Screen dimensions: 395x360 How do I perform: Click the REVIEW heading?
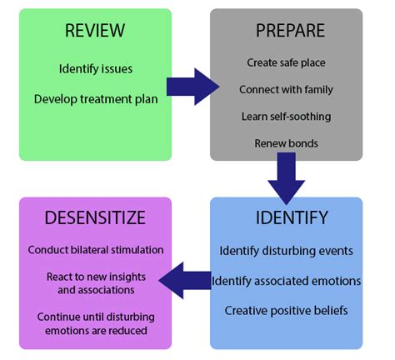tap(95, 30)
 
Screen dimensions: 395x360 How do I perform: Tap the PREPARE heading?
tap(290, 30)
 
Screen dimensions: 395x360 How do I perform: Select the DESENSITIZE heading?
tap(95, 217)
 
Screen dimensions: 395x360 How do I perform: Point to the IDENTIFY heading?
tap(292, 217)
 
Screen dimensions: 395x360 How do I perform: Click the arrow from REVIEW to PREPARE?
tap(192, 87)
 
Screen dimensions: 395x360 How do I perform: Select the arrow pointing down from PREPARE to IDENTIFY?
tap(286, 178)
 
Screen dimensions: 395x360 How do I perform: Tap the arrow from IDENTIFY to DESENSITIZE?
tap(185, 280)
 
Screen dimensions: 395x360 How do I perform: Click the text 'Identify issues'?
tap(96, 69)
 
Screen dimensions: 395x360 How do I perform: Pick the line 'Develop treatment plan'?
tap(96, 99)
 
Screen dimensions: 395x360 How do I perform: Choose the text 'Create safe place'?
tap(286, 62)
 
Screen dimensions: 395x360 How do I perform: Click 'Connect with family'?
tap(286, 89)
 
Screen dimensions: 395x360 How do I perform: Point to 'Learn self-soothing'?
tap(286, 117)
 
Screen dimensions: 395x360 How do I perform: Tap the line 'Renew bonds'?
tap(286, 143)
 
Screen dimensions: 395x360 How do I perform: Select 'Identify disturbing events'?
tap(286, 251)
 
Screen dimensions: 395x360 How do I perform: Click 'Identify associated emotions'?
tap(286, 281)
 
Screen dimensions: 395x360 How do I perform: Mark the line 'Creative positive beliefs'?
tap(286, 311)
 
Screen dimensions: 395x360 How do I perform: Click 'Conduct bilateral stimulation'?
tap(96, 250)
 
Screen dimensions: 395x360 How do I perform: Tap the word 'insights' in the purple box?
tap(127, 277)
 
